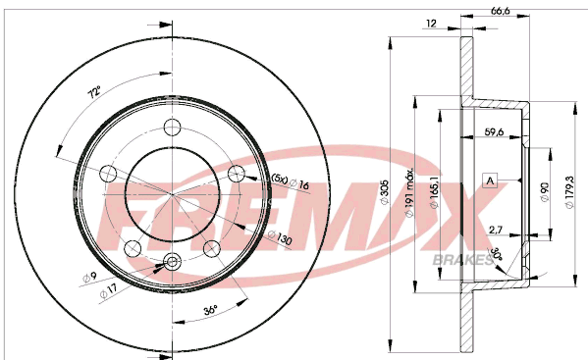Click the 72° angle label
(94, 92)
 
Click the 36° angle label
(211, 310)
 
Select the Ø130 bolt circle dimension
(280, 238)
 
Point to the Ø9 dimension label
(89, 277)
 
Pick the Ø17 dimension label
(109, 291)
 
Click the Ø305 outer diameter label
(385, 192)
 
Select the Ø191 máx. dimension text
(409, 192)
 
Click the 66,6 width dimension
(501, 11)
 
